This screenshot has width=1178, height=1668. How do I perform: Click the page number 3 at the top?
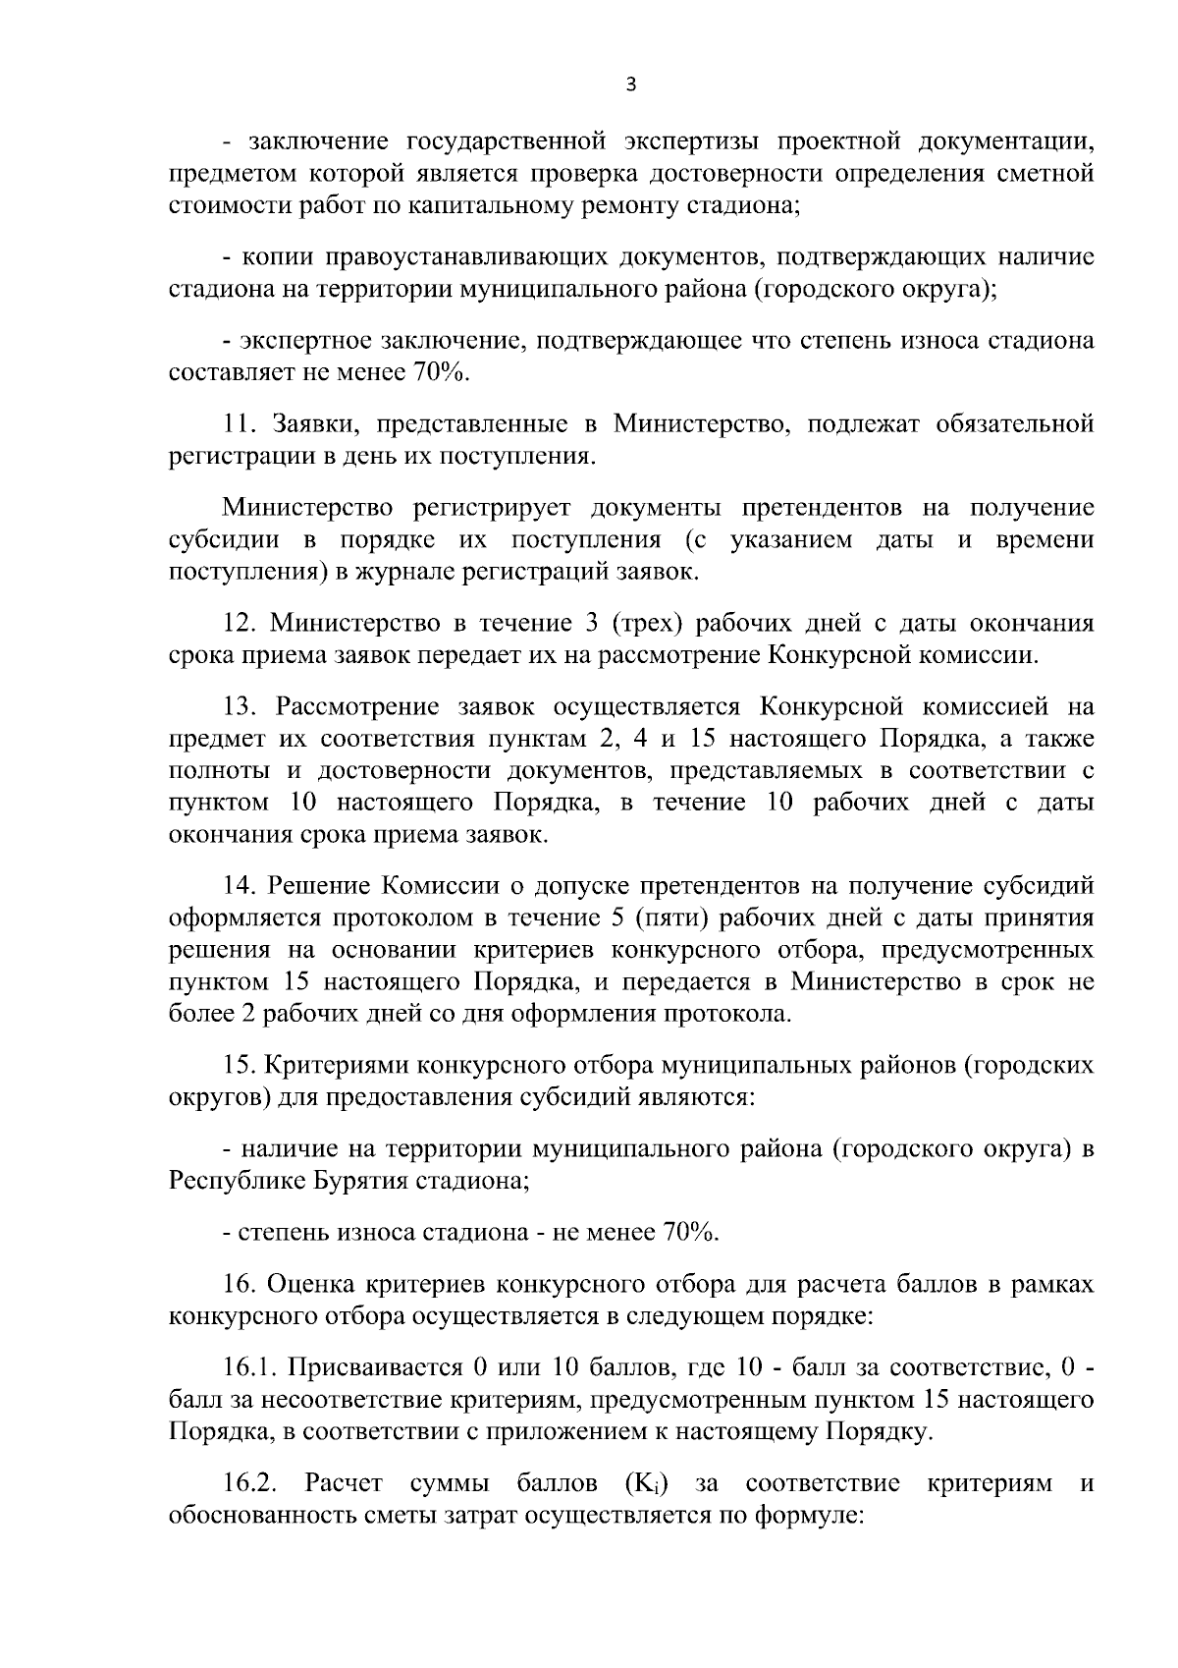(x=630, y=85)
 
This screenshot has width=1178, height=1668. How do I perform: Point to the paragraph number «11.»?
(x=240, y=424)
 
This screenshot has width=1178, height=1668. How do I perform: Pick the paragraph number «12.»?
(x=241, y=624)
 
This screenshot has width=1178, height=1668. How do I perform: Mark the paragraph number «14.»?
(x=241, y=887)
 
